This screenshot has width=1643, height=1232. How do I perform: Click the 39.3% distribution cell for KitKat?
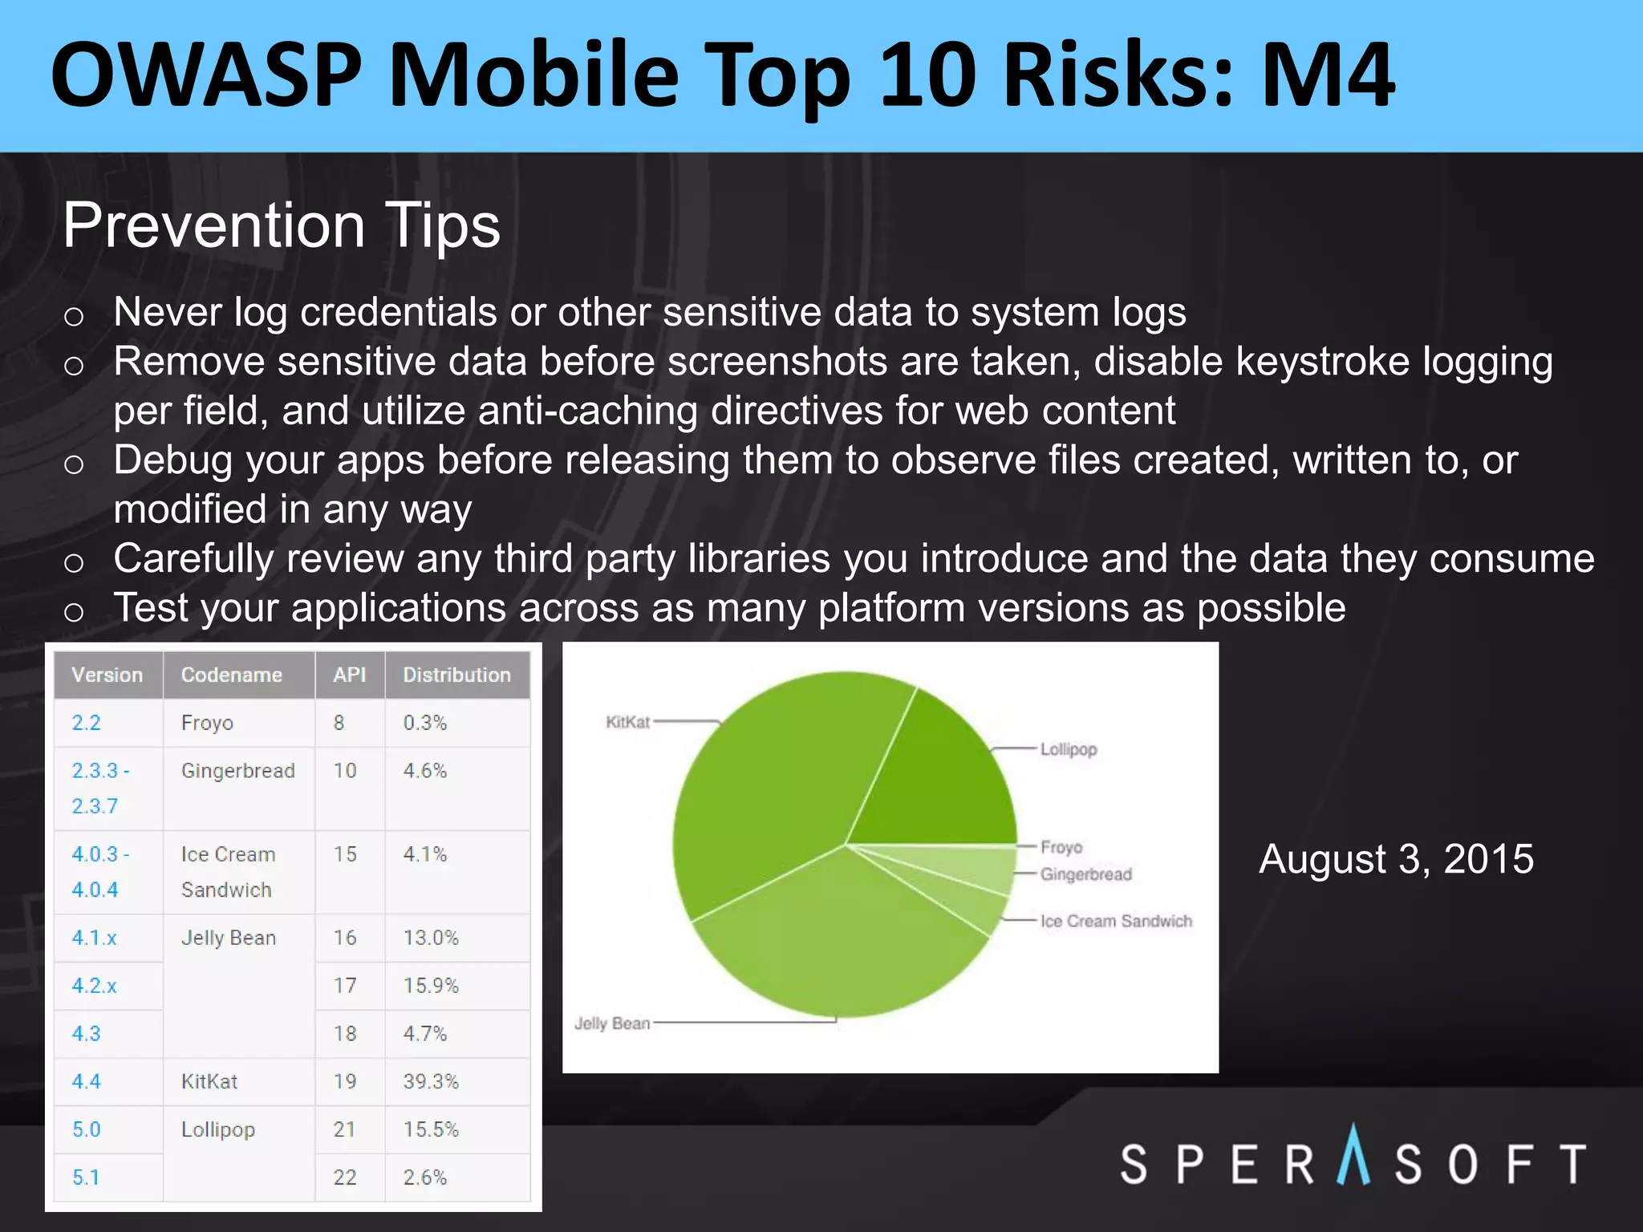(431, 1081)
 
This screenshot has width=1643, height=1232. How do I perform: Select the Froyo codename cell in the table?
(207, 723)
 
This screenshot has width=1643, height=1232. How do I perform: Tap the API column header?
(350, 675)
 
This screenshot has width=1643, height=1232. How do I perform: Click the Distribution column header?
(456, 675)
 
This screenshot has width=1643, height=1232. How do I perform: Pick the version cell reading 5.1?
(86, 1177)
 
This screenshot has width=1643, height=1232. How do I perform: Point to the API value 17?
(345, 985)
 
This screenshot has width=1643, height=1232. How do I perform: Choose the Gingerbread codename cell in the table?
(238, 771)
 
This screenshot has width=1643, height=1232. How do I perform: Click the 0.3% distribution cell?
(424, 723)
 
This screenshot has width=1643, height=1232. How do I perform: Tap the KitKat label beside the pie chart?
(627, 722)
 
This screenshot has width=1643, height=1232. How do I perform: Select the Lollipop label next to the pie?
(1069, 749)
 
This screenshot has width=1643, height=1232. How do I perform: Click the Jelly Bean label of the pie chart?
(612, 1023)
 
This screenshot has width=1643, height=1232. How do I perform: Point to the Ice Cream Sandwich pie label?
(1116, 921)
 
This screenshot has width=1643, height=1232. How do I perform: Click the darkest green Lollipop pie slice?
(939, 778)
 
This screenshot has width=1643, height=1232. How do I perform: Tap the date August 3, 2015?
(1396, 859)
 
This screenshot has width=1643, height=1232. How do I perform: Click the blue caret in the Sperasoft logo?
(1353, 1155)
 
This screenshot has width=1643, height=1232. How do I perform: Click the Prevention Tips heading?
(282, 225)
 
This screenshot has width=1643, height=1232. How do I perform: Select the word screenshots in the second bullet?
(777, 361)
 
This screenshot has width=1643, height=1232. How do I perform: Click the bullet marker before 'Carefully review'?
(74, 562)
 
